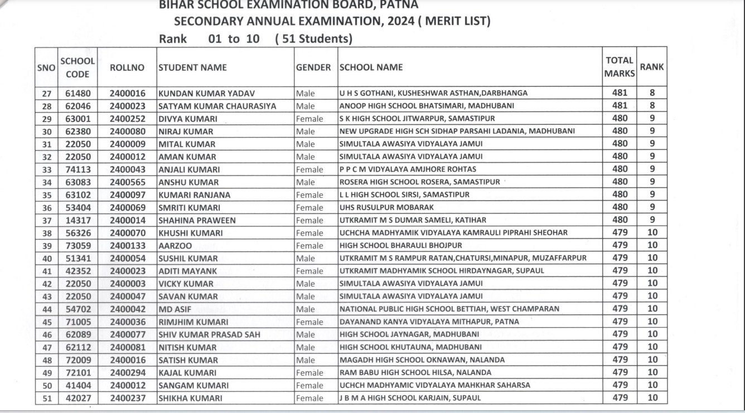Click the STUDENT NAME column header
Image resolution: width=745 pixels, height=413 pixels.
coord(193,67)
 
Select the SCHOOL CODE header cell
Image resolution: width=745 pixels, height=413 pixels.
coord(78,67)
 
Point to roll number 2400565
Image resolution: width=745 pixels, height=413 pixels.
coord(127,182)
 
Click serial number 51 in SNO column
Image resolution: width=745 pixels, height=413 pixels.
coord(47,398)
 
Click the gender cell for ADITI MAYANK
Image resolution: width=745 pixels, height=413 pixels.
coord(310,271)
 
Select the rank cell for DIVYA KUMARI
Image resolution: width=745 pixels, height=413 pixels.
coord(651,118)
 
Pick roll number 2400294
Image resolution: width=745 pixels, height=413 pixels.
coord(127,372)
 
